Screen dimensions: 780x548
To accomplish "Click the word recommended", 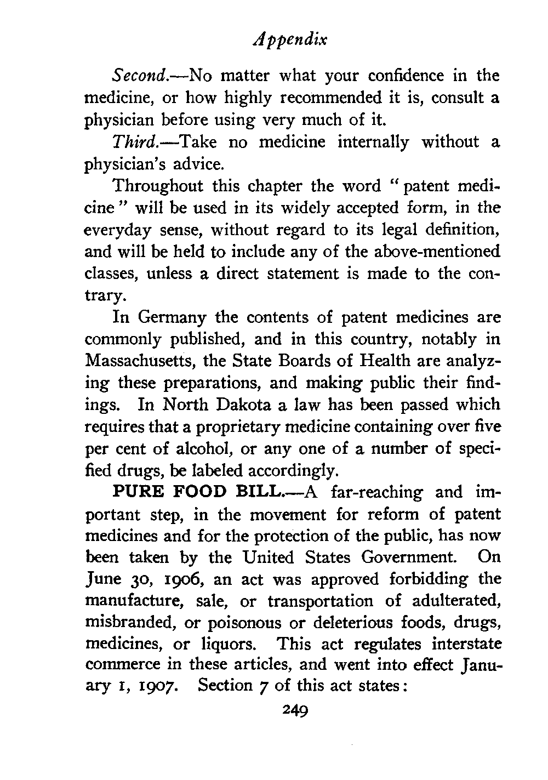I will point(320,98).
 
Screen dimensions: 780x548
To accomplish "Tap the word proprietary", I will point(209,427).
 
